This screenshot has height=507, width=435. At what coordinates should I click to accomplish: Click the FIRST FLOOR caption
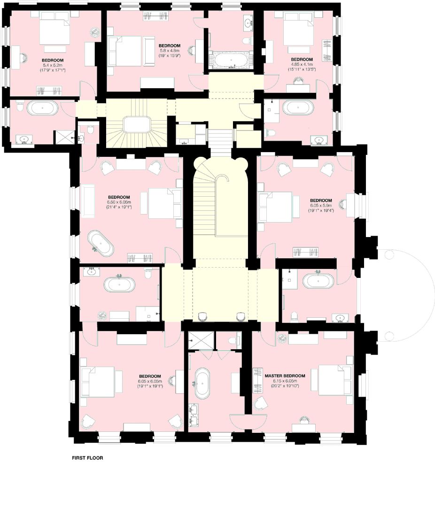(87, 458)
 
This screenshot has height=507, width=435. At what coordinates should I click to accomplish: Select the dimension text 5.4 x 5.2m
(53, 65)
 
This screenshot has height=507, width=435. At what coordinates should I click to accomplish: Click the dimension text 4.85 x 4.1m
(302, 64)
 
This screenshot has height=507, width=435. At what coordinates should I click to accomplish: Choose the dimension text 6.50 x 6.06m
(119, 202)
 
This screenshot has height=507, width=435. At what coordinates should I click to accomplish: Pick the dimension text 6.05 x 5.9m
(321, 205)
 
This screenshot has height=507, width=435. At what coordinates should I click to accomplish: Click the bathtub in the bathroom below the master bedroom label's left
(203, 383)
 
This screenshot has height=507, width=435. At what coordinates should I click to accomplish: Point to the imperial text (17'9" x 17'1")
(53, 70)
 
